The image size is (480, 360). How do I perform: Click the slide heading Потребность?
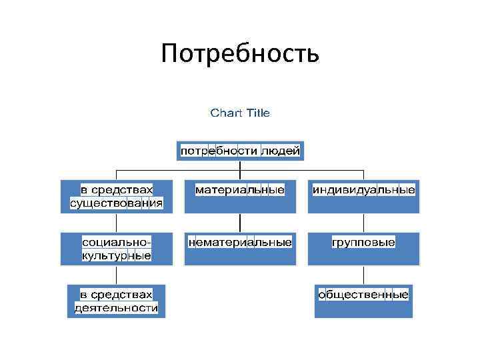click(240, 54)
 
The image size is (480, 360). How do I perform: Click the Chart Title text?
click(240, 113)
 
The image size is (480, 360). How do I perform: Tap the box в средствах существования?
click(117, 196)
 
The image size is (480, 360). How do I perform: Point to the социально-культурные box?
click(117, 248)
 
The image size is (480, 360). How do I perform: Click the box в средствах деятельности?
click(117, 301)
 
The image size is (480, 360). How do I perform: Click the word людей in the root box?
click(281, 151)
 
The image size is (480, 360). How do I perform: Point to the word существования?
click(117, 203)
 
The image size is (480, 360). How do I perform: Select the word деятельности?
click(117, 308)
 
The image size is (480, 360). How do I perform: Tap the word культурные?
click(117, 255)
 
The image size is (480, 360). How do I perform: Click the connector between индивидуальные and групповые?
click(363, 223)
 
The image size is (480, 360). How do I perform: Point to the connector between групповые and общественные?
click(363, 275)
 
